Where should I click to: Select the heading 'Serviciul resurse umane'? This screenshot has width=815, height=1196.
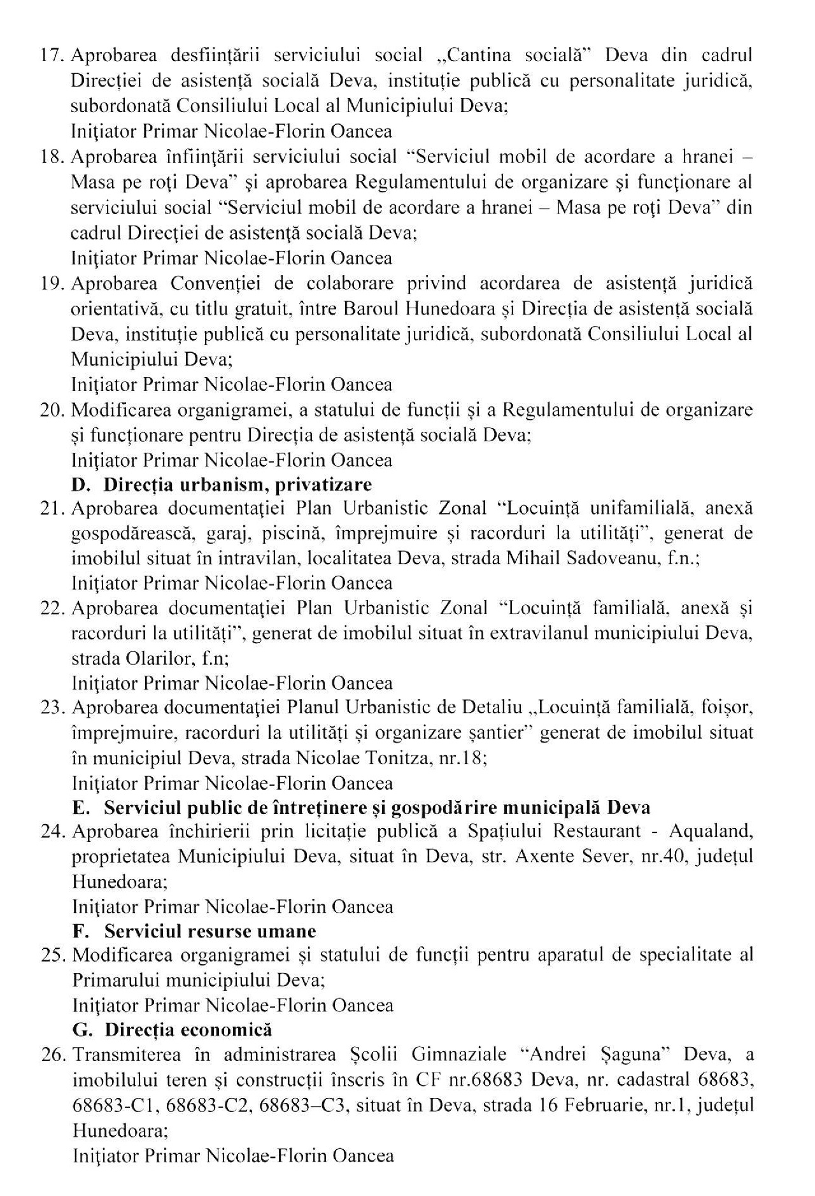210,931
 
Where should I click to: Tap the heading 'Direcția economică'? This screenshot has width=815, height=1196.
188,1030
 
